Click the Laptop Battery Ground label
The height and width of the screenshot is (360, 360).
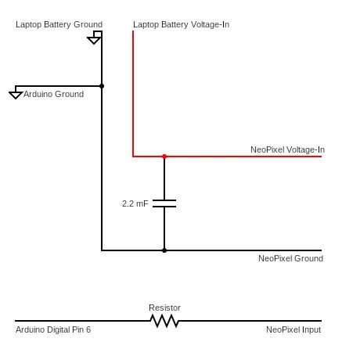pos(59,24)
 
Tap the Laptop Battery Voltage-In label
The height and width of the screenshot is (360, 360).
pos(181,24)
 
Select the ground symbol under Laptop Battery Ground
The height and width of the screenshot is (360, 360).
pos(94,38)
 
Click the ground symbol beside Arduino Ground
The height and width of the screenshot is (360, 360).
pos(16,92)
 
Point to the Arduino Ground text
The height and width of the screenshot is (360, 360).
pos(53,94)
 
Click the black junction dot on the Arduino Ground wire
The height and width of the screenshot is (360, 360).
pos(102,86)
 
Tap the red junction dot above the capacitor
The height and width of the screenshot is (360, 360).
pos(164,157)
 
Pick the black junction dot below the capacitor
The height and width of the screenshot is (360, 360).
pos(164,250)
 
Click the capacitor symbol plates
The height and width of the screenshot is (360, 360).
pos(164,203)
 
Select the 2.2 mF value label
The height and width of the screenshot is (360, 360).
pos(135,203)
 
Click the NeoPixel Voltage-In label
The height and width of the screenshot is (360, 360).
pos(287,149)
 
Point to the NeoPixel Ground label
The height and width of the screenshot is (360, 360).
pos(290,258)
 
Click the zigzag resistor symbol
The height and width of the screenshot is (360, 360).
pos(164,321)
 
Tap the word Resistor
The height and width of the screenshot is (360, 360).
pos(164,308)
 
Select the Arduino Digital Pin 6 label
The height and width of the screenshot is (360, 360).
pos(53,329)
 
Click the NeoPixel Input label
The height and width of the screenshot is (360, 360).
pos(293,329)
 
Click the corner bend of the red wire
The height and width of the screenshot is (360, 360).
pos(133,157)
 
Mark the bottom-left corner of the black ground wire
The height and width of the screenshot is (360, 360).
pos(102,250)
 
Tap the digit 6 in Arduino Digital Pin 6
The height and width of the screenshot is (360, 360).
pos(88,329)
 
